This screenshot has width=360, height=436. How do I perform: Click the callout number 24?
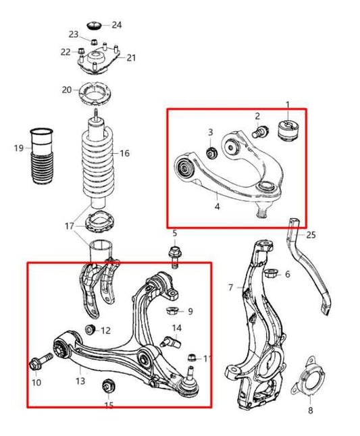coord(117,25)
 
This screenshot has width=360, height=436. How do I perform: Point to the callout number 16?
coord(124,153)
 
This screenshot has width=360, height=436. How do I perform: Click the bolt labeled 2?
coord(259,134)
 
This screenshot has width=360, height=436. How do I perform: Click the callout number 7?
coord(232,288)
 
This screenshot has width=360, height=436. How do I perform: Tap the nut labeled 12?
coord(88,330)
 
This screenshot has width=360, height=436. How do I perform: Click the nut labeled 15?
coord(106,387)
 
